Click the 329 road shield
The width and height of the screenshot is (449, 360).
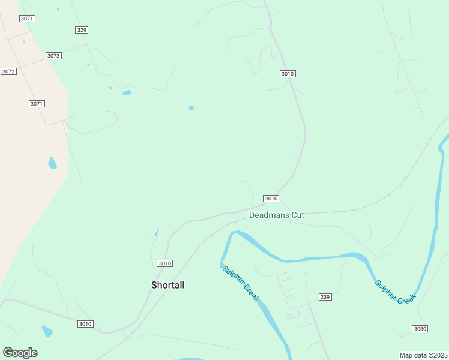point(82,30)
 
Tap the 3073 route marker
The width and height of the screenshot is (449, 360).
point(53,56)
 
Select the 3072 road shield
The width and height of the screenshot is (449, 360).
point(8,71)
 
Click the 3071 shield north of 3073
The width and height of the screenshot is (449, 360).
point(27,19)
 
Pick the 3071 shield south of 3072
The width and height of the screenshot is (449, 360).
point(37,104)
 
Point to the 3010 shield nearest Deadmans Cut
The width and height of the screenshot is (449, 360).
point(271,199)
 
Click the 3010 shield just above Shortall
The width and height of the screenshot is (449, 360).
point(164,263)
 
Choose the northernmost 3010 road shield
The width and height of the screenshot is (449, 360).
point(288,74)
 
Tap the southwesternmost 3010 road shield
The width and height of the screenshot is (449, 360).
point(85,324)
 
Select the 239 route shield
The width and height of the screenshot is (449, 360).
point(325,297)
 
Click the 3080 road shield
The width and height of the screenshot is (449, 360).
point(420,328)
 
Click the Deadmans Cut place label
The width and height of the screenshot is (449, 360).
point(277,215)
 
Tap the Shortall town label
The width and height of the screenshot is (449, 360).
point(167,286)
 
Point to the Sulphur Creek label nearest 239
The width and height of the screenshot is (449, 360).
point(241,283)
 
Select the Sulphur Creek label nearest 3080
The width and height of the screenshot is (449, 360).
point(395,292)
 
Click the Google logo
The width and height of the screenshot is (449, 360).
point(20,353)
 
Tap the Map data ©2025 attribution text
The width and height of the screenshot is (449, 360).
point(424,355)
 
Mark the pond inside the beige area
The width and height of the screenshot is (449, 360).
point(53,163)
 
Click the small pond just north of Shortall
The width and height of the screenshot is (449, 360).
point(157,233)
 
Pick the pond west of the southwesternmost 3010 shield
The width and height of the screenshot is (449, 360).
point(47,331)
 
